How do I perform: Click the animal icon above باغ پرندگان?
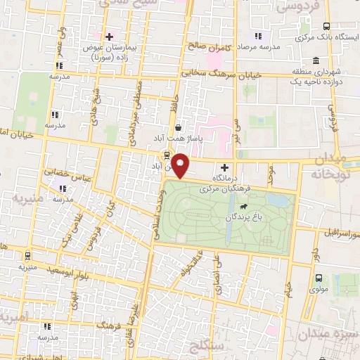tap(243, 207)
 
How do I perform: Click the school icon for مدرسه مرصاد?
tap(257, 36)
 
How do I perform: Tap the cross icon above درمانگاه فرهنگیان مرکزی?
tap(224, 167)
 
